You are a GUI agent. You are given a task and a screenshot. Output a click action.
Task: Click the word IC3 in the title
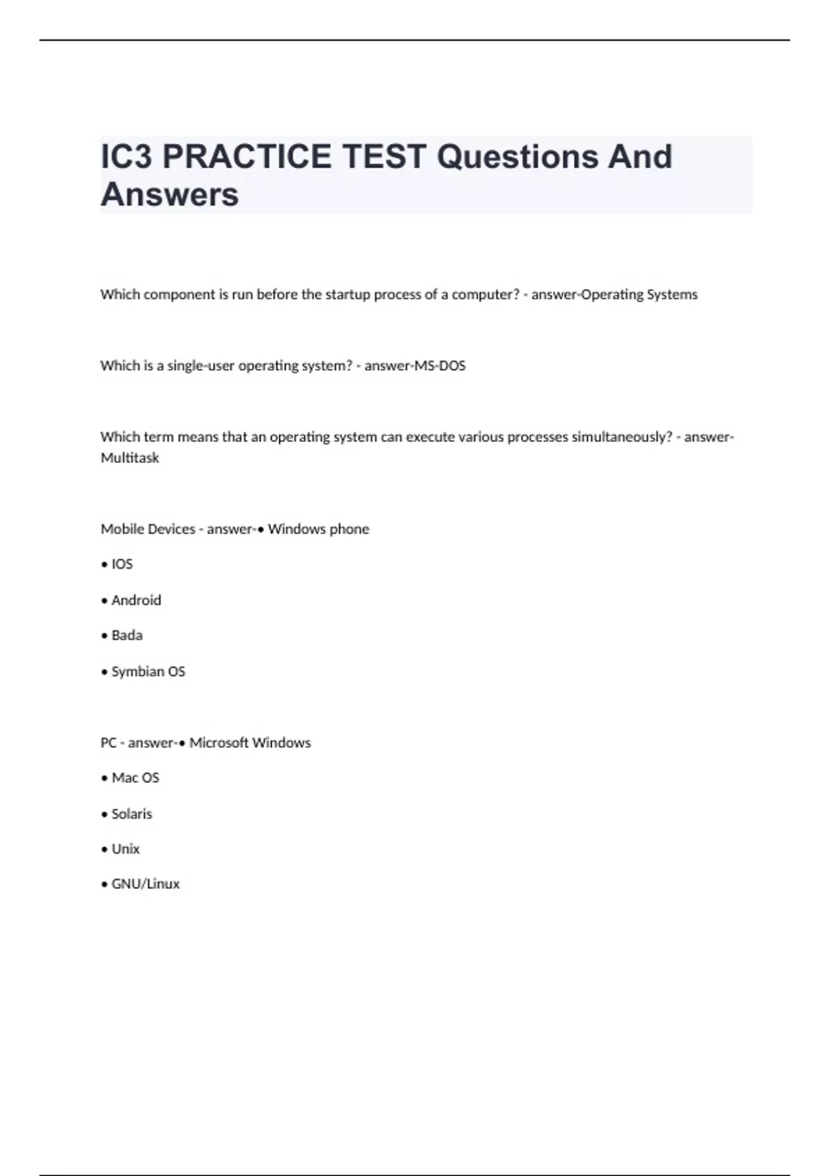click(x=127, y=157)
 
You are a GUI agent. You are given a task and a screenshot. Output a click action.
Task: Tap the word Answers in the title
click(x=170, y=194)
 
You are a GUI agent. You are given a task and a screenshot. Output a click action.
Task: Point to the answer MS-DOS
click(x=440, y=365)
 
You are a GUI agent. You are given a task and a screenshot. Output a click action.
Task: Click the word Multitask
click(x=130, y=458)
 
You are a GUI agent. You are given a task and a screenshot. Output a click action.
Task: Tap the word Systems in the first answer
click(x=672, y=295)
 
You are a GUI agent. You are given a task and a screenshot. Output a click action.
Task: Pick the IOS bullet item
click(x=122, y=564)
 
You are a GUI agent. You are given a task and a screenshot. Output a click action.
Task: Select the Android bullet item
click(x=136, y=600)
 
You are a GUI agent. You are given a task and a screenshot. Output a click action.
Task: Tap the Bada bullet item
click(x=127, y=635)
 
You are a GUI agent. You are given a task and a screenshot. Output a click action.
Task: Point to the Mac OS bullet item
click(x=135, y=778)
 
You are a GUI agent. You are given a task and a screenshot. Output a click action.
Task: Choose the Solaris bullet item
click(x=131, y=814)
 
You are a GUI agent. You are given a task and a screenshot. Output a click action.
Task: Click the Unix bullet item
click(x=125, y=849)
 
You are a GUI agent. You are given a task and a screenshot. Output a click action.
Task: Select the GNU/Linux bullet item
click(x=145, y=884)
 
